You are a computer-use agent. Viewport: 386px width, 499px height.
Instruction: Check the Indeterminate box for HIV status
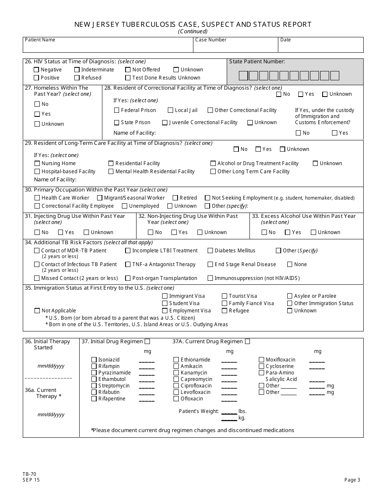coord(77,70)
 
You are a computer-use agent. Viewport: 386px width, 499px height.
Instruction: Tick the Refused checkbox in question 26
coord(77,78)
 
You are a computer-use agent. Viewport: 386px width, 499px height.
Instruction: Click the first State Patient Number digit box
coord(243,75)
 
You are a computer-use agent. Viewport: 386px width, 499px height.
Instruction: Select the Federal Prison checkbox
coord(117,110)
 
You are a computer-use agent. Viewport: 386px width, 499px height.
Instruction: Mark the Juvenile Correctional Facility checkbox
coord(165,123)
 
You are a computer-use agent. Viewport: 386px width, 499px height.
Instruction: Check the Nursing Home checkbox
coord(37,163)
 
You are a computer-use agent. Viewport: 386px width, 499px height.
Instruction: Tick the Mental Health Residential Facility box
coord(111,172)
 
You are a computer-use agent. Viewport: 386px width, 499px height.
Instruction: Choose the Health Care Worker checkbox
coord(37,198)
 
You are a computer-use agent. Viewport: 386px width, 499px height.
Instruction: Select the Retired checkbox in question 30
coord(176,198)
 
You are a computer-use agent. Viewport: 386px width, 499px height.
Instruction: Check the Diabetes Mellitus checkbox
coord(210,251)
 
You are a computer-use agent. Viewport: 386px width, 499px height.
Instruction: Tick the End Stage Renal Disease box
coord(210,265)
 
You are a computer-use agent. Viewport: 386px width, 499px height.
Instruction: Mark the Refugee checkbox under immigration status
coord(224,311)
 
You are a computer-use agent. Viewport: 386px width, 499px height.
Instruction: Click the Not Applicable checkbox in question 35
coord(37,311)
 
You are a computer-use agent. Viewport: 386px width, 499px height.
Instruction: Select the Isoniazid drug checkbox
coord(94,360)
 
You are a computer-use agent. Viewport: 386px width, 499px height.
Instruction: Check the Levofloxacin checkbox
coord(176,392)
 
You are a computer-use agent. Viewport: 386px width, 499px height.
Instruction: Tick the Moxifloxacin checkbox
coord(261,360)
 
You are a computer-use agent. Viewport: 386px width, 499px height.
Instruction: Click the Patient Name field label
coord(40,40)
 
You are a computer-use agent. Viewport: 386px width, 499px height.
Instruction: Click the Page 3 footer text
coord(352,480)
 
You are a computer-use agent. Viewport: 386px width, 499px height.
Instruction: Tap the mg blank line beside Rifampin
coord(147,367)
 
